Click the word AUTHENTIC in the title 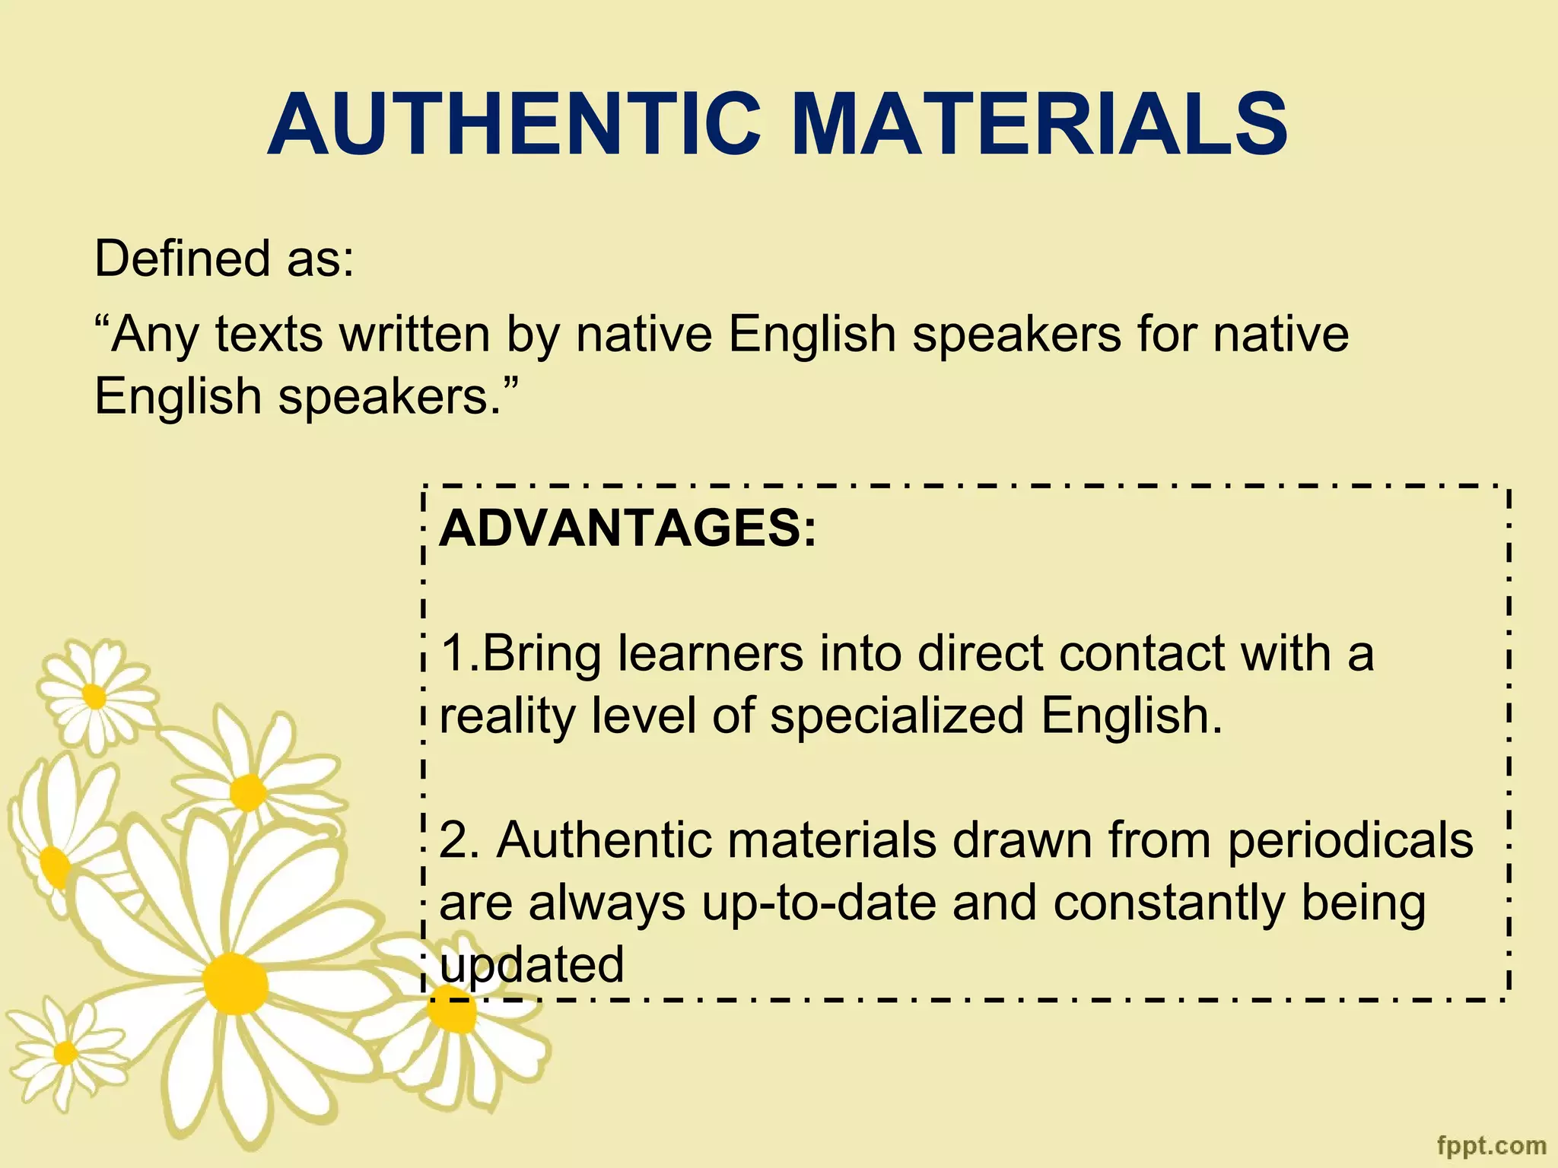pos(514,124)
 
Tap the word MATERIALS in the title pos(1040,124)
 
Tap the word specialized pos(897,716)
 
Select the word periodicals pos(1350,840)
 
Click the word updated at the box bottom pos(532,965)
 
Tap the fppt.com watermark pos(1492,1145)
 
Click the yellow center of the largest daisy pos(235,983)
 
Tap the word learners pos(711,653)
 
